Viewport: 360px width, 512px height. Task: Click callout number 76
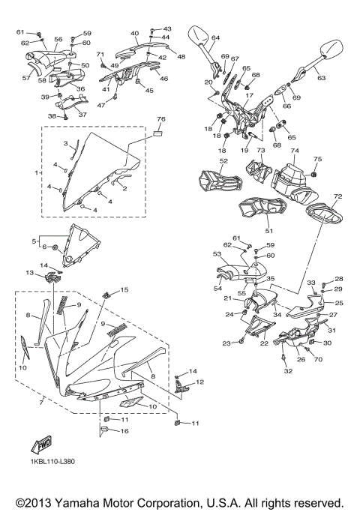pos(160,119)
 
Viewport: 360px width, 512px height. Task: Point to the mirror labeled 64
pos(199,36)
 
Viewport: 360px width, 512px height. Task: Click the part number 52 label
pos(223,161)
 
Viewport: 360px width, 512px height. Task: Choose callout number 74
pos(295,151)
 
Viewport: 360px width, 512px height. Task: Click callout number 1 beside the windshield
pos(37,172)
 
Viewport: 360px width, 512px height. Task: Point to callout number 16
pos(124,432)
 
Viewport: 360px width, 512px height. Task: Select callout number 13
pos(30,273)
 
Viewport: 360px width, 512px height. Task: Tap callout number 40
pos(135,33)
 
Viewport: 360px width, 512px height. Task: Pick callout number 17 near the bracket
pos(250,95)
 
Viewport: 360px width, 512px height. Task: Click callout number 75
pos(317,159)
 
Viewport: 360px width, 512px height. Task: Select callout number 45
pos(149,91)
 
